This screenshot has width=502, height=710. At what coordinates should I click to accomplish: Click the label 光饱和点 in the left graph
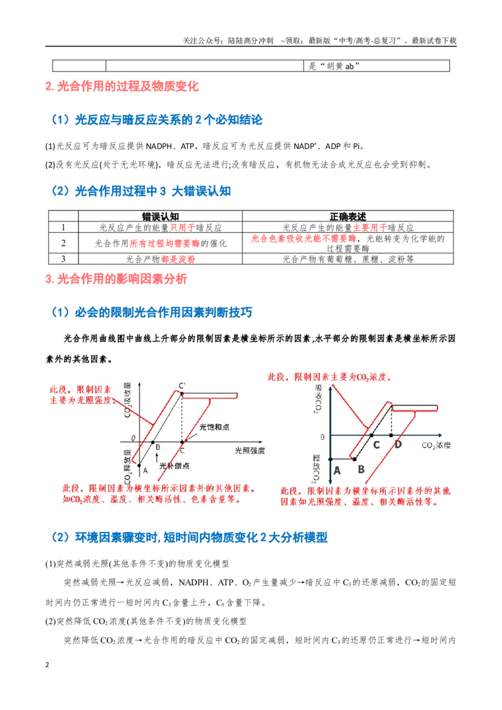(x=214, y=427)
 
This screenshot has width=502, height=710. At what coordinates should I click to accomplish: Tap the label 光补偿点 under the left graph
(x=174, y=466)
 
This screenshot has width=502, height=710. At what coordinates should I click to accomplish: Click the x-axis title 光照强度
(x=250, y=450)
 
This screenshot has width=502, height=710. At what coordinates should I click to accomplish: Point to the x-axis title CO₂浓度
(x=436, y=445)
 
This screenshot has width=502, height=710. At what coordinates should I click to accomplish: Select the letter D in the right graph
(x=398, y=445)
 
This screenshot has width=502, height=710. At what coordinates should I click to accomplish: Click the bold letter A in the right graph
(x=336, y=471)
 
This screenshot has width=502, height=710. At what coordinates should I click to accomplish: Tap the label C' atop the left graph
(x=182, y=386)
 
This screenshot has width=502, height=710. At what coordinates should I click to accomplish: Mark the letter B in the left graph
(x=158, y=448)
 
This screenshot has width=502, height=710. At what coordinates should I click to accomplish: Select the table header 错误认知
(x=160, y=216)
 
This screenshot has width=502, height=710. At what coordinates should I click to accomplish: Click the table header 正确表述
(x=348, y=216)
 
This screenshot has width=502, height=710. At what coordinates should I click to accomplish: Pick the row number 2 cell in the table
(x=63, y=243)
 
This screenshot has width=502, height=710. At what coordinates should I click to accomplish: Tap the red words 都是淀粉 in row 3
(x=178, y=260)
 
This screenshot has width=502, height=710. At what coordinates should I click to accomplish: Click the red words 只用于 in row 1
(x=183, y=228)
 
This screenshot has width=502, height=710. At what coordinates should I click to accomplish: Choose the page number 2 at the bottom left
(x=47, y=665)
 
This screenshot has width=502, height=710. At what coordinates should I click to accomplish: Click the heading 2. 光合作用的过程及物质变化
(x=122, y=87)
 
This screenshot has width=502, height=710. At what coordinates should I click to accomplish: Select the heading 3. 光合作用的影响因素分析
(x=116, y=279)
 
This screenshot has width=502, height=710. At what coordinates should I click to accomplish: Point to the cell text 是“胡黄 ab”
(x=334, y=66)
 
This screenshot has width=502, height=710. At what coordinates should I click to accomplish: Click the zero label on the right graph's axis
(x=323, y=437)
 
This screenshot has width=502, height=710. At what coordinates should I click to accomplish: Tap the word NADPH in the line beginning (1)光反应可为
(x=159, y=146)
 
